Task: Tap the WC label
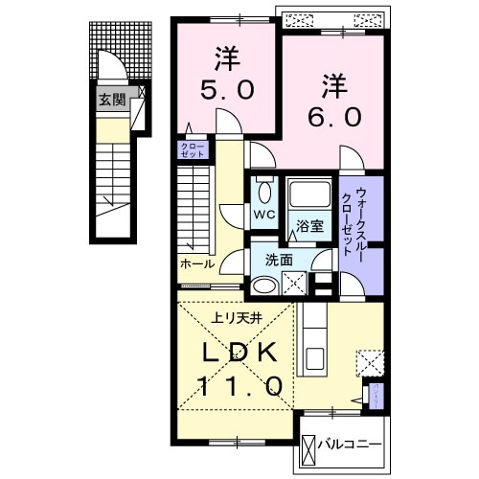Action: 262,216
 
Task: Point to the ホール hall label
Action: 196,262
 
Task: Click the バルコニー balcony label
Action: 353,445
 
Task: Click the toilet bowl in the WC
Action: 263,190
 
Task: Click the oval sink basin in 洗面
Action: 263,284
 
